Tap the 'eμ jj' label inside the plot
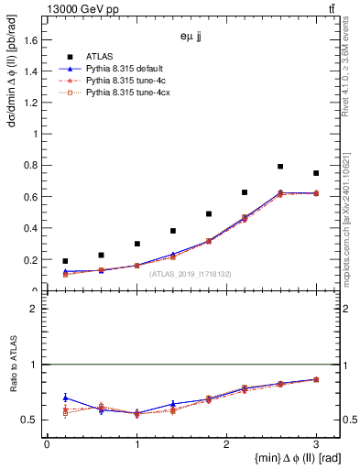[x=190, y=38]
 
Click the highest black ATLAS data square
[x=280, y=167]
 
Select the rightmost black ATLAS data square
[x=316, y=173]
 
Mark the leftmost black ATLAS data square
[x=65, y=261]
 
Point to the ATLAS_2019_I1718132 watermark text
[x=191, y=274]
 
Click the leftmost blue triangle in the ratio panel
[x=65, y=398]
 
